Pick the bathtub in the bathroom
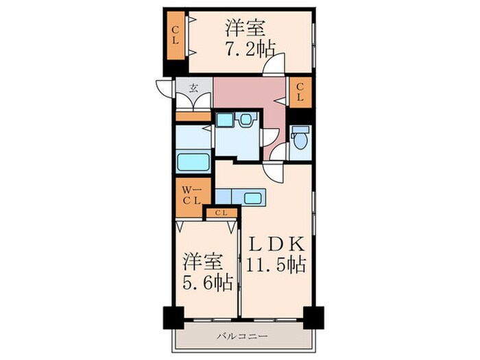click(194, 163)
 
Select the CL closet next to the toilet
click(300, 93)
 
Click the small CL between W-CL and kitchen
click(221, 213)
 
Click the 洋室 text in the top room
click(246, 28)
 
